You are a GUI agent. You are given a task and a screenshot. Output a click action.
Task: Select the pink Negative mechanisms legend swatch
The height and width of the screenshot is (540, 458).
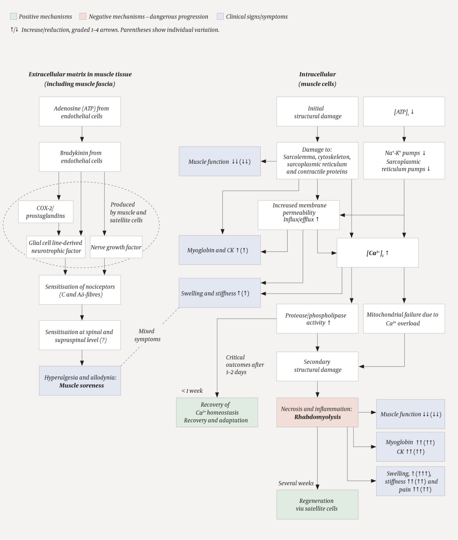[x=83, y=17]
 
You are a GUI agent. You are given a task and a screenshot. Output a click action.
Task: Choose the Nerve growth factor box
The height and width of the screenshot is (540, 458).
[x=116, y=247]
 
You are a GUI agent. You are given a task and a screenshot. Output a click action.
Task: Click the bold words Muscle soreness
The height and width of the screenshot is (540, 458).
[x=81, y=385]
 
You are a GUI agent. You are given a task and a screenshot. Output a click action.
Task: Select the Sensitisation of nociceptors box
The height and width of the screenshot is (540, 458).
[x=80, y=290]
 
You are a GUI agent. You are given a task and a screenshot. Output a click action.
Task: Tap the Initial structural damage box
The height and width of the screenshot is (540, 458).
[x=318, y=112]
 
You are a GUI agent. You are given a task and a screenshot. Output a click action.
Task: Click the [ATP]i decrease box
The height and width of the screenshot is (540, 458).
[x=404, y=112]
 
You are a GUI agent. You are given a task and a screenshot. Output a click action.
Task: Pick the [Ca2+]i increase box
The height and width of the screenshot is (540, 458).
[x=377, y=253]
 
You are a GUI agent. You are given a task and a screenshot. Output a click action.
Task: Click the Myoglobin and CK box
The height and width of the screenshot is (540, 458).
[x=220, y=250]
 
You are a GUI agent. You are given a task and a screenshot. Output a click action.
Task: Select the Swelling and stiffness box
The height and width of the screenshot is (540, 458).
[x=220, y=293]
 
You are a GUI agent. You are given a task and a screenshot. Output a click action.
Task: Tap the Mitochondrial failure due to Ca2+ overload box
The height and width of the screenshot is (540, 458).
[x=404, y=319]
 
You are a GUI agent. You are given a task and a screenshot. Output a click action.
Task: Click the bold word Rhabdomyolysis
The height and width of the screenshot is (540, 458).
[x=318, y=417]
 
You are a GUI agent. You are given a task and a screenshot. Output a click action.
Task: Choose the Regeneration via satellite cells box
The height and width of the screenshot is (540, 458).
[x=317, y=504]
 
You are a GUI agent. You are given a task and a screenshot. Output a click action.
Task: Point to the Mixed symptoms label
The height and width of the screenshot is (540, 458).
[x=147, y=335]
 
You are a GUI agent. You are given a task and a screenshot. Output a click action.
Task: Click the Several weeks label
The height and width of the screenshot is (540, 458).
[x=296, y=483]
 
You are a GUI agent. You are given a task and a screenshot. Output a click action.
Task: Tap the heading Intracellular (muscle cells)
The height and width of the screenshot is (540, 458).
[x=317, y=79]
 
